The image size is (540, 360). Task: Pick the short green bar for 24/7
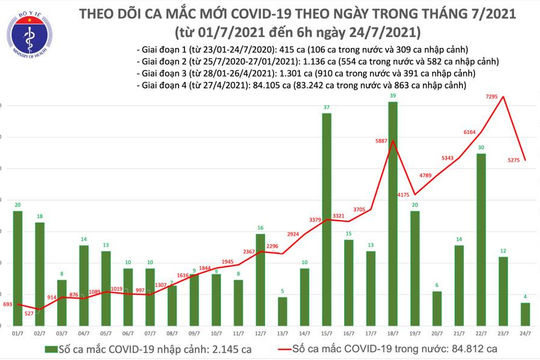click(x=525, y=314)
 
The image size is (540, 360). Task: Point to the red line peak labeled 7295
click(x=503, y=97)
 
